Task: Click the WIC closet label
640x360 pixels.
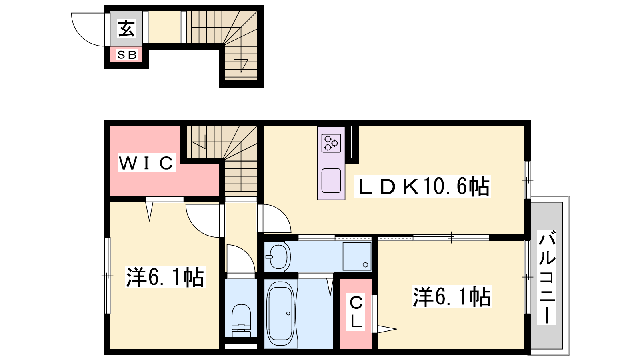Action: [146, 163]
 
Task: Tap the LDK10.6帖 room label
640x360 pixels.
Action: [422, 186]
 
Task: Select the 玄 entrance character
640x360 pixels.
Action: [126, 28]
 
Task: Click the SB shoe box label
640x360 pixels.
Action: [127, 54]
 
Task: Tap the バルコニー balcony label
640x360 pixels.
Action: [547, 277]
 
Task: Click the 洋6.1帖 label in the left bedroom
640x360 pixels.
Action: [165, 277]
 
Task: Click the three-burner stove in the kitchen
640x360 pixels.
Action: [331, 143]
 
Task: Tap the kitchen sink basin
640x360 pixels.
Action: [331, 180]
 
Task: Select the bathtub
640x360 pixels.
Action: [280, 313]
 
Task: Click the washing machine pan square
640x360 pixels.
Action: [357, 256]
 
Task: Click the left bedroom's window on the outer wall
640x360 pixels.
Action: [107, 276]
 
